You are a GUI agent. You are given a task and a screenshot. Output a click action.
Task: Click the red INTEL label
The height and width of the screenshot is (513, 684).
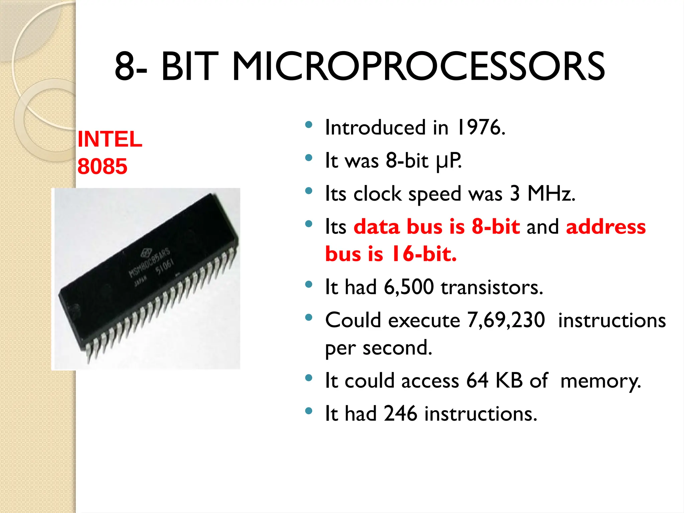click(x=110, y=139)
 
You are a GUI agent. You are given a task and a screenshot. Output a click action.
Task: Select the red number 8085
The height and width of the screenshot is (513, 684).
click(x=102, y=166)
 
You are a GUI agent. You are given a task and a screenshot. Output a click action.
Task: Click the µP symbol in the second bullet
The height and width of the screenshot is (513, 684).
click(x=449, y=161)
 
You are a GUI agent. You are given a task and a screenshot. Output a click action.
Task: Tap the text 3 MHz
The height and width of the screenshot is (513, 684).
click(x=542, y=194)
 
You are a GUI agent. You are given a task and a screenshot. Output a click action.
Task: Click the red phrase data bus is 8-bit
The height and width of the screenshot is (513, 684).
click(x=437, y=227)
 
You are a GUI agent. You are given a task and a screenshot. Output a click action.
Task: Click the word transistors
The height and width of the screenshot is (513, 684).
click(x=492, y=288)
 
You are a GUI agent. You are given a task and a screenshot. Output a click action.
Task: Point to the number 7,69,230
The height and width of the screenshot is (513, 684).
click(x=506, y=320)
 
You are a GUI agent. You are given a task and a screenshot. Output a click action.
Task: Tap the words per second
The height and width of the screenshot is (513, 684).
click(x=378, y=348)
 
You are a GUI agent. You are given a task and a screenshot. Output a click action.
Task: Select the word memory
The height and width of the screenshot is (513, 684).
click(x=600, y=381)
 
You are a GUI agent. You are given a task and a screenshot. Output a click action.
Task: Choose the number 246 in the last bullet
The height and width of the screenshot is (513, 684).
click(x=400, y=413)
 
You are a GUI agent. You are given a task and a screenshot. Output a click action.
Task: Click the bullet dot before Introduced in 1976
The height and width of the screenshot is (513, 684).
click(x=309, y=125)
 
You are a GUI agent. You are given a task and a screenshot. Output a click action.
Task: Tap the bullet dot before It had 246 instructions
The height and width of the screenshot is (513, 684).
click(x=309, y=411)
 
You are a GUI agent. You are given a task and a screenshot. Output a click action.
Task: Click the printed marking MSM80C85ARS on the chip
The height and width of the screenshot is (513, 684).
click(x=150, y=263)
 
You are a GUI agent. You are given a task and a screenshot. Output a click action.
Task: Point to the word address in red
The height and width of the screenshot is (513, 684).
click(x=606, y=227)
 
